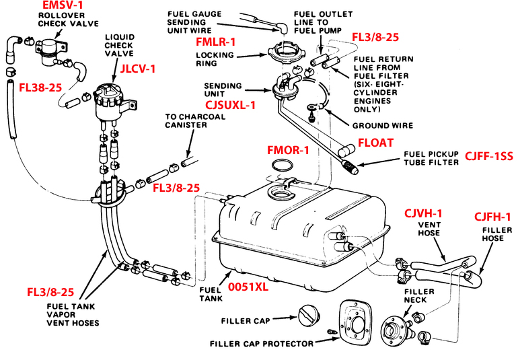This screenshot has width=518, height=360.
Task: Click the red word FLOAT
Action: coord(375,143)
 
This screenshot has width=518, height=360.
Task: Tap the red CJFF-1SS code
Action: coord(488,157)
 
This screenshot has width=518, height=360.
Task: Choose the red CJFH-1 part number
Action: coord(492,216)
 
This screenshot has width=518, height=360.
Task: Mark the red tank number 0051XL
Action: coord(249,286)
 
